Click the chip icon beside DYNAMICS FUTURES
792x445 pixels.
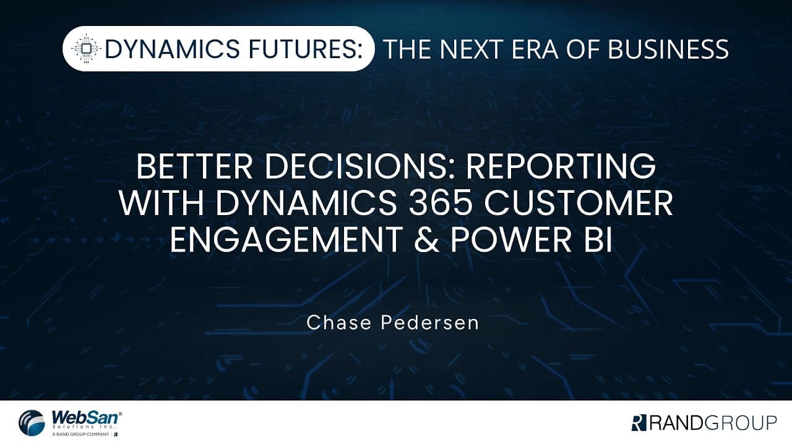[87, 49]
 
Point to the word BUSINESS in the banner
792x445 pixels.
[668, 49]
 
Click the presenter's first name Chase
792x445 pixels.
[335, 323]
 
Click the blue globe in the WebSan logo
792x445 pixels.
[32, 423]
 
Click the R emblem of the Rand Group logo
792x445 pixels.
[639, 423]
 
